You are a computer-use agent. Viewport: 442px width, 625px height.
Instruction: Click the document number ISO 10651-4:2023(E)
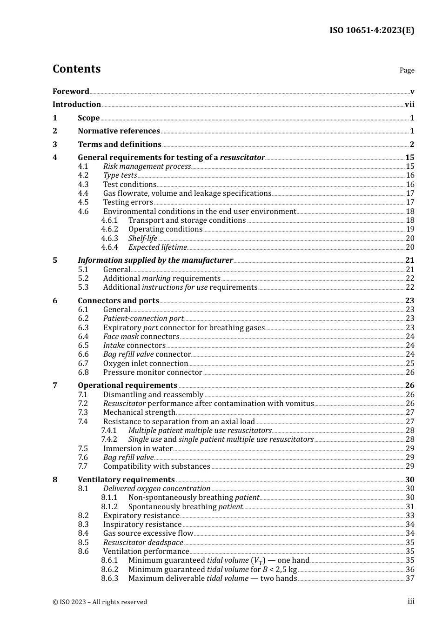[372, 30]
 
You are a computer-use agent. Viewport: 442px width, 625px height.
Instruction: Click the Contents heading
[76, 69]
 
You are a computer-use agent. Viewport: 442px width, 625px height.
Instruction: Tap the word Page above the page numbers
[407, 70]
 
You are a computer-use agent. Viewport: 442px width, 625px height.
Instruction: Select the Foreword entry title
[71, 91]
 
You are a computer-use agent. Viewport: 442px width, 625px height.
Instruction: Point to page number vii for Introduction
[409, 105]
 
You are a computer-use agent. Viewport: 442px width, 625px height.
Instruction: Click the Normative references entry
[119, 131]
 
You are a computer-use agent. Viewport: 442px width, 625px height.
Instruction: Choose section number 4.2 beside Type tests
[83, 175]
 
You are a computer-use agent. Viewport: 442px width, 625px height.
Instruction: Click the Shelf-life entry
[143, 239]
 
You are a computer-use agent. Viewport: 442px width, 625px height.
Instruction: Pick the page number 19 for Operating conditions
[410, 229]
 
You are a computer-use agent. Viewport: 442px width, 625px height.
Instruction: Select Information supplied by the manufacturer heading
[155, 260]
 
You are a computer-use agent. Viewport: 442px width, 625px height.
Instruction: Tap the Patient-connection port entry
[143, 319]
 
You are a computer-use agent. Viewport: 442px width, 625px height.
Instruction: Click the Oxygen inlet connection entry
[146, 364]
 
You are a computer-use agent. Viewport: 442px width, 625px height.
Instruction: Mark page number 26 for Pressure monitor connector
[410, 372]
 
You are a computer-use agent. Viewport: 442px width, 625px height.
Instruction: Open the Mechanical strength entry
[139, 412]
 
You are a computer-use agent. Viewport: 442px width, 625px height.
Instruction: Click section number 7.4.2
[109, 439]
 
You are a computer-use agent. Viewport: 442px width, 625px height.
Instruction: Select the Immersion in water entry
[138, 449]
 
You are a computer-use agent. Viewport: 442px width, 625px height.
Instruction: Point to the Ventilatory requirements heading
[126, 480]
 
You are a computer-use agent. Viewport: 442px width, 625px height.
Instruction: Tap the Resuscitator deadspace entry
[143, 543]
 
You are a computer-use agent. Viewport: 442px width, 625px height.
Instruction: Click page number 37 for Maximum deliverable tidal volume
[410, 578]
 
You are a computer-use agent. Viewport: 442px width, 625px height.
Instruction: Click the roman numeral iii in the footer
[411, 601]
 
